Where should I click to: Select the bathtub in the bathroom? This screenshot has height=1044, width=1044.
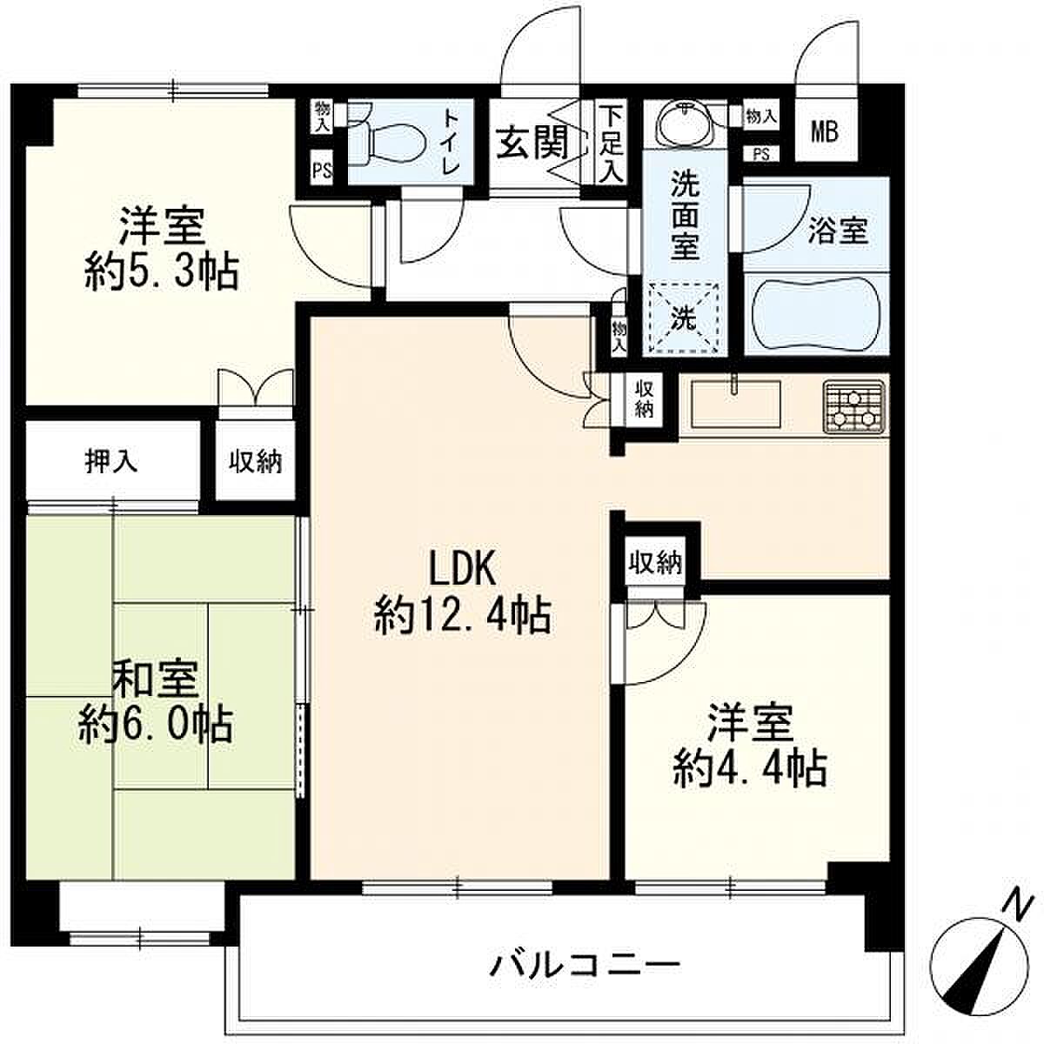815,314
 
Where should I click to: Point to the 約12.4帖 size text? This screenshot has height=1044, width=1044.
463,615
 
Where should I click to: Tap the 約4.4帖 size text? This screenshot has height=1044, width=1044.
750,767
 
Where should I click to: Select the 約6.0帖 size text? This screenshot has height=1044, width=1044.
156,725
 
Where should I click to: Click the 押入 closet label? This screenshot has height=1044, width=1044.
111,461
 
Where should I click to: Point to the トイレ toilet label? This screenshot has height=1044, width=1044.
452,142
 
